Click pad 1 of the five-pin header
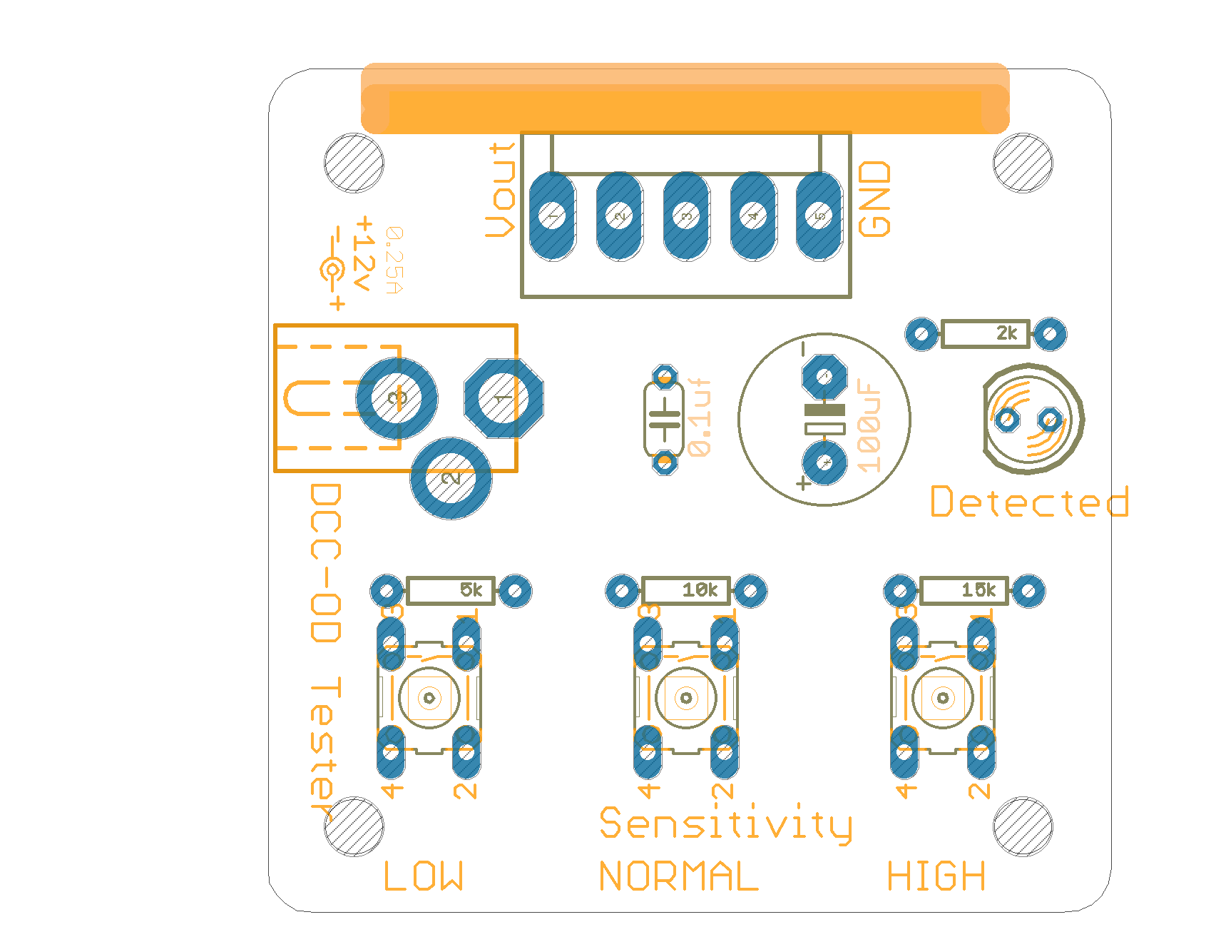(x=552, y=216)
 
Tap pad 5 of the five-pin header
(x=819, y=216)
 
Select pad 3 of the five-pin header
(x=686, y=216)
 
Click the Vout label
(x=501, y=190)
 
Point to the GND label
(x=874, y=198)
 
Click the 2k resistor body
(x=985, y=333)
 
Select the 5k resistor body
(x=450, y=590)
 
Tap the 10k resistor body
(x=685, y=590)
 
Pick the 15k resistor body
(x=964, y=590)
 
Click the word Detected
(x=1030, y=502)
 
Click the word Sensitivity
(x=725, y=824)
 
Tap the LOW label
(x=424, y=876)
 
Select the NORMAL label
(x=678, y=876)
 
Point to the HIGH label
(x=936, y=876)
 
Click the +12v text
(x=364, y=253)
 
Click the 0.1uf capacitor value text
(x=700, y=417)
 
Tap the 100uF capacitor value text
(x=869, y=426)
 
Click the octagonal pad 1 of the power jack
(x=504, y=398)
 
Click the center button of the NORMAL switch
(x=686, y=697)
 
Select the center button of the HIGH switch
(x=943, y=697)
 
